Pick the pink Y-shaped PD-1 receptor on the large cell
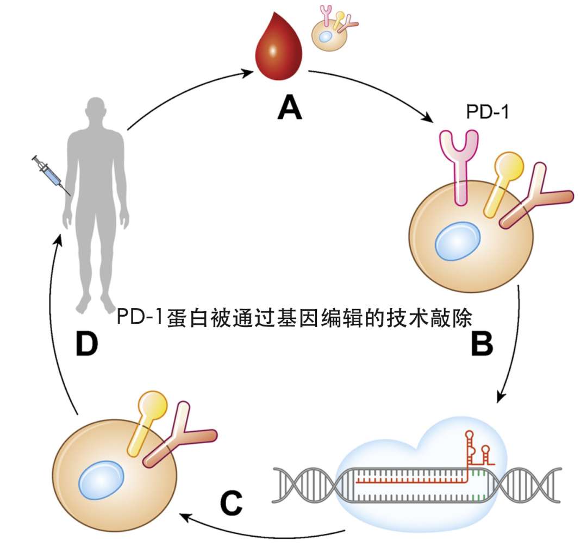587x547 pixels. [x=460, y=163]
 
